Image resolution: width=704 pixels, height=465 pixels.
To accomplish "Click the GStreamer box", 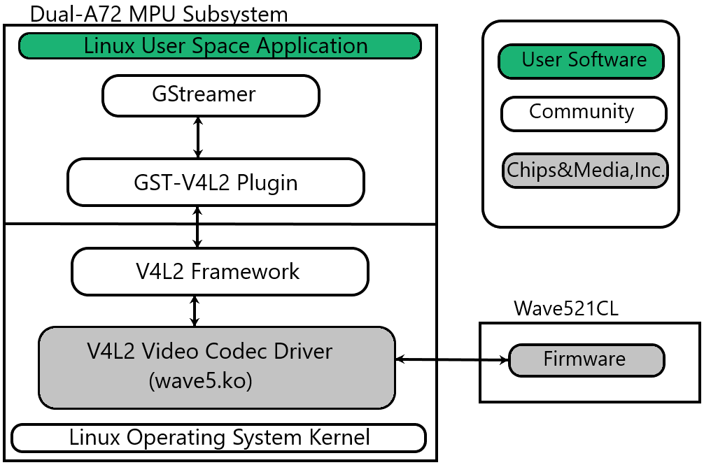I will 211,95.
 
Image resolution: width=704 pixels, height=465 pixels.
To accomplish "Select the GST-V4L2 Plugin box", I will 216,183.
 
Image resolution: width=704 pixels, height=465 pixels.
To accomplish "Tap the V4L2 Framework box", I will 220,271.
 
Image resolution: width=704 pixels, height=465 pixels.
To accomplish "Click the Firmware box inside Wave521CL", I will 586,360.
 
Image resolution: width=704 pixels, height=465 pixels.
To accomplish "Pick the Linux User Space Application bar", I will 220,46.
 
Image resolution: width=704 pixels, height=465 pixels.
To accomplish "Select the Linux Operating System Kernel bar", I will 219,438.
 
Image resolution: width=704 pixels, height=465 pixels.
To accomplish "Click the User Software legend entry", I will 581,61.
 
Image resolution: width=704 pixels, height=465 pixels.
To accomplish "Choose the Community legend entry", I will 583,113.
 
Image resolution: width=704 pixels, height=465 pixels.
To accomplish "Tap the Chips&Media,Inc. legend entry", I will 585,171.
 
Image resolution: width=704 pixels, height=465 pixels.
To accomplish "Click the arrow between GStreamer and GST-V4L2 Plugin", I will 198,137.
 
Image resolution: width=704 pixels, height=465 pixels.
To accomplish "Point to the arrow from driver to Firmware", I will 451,360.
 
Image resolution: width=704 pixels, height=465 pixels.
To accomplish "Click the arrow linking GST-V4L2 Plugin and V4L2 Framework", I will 198,227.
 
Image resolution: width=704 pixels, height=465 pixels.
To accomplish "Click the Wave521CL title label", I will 566,309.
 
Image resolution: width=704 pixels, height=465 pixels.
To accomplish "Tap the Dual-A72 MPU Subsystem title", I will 159,13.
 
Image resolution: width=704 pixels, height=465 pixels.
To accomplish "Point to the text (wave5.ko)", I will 201,381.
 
